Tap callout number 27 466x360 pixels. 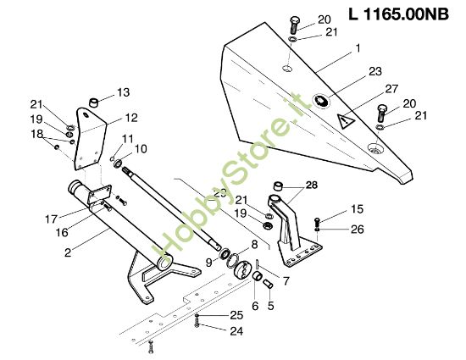[391, 88]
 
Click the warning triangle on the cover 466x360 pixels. [346, 122]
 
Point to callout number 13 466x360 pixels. [124, 91]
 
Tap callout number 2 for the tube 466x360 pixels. [66, 252]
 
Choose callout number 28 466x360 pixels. [311, 185]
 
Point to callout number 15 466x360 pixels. [358, 209]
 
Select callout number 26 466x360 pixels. [358, 229]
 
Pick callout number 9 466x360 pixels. [208, 263]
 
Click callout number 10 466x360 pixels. [140, 149]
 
